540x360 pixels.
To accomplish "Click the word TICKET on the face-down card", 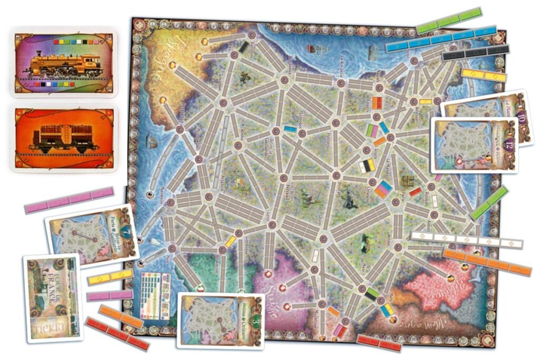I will tap(52, 320).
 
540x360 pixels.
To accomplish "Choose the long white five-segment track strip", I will tap(466, 241).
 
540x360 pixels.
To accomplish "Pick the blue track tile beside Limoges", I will tap(290, 129).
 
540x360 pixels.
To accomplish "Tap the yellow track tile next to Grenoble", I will tap(230, 241).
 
